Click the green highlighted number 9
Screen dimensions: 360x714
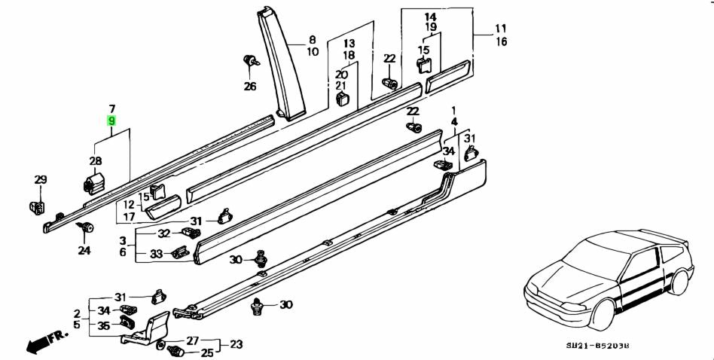(111, 121)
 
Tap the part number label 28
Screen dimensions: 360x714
(96, 160)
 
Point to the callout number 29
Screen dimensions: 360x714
(41, 179)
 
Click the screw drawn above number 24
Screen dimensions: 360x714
(87, 227)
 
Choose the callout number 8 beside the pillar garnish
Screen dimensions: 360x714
(313, 39)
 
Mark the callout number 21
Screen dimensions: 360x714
(341, 86)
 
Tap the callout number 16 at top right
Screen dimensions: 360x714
(501, 42)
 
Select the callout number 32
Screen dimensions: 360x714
(164, 233)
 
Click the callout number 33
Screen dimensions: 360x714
(156, 254)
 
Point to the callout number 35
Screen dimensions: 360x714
(103, 325)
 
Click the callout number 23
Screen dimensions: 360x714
(236, 345)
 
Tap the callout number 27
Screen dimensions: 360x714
(192, 340)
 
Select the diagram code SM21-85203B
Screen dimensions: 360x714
(600, 345)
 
